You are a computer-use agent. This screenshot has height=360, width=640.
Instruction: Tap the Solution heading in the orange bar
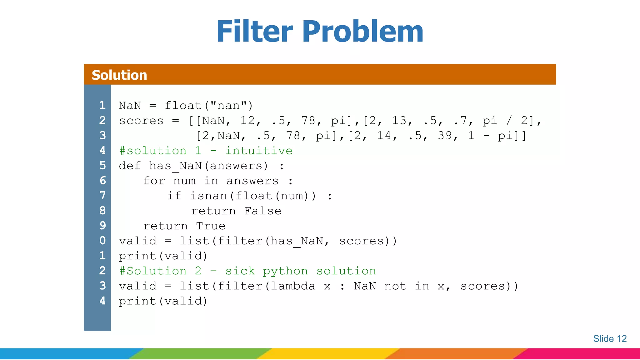[x=119, y=75]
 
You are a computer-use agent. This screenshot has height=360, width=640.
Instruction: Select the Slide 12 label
[x=610, y=339]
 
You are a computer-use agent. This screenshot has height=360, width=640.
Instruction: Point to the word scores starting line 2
[x=141, y=121]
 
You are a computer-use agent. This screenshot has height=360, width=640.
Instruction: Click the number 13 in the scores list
[x=399, y=121]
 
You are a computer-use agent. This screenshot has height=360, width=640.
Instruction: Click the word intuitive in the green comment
[x=259, y=151]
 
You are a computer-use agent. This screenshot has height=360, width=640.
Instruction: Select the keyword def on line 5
[x=130, y=166]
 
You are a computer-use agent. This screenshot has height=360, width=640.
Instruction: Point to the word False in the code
[x=262, y=211]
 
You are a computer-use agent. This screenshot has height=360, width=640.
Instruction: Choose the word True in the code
[x=211, y=226]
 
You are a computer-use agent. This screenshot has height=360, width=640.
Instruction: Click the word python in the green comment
[x=285, y=271]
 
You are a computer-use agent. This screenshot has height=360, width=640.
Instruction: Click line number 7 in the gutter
[x=102, y=196]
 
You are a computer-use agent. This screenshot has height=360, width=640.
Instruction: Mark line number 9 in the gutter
[x=102, y=226]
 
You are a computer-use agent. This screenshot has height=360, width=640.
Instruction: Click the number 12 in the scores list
[x=247, y=121]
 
